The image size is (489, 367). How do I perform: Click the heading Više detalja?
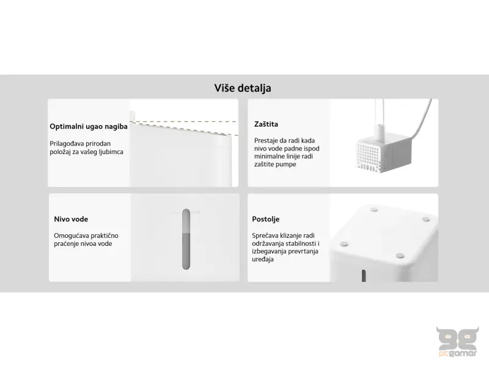[243, 88]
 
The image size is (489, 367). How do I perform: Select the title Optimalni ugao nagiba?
[89, 127]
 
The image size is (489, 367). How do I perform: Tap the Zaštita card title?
[266, 124]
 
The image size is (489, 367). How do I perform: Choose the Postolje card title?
[267, 219]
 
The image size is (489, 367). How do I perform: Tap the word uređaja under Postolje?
[263, 259]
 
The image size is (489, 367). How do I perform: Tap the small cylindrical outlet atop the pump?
[380, 129]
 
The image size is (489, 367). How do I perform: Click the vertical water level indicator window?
[186, 239]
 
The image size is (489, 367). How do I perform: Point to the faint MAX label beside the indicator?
[196, 212]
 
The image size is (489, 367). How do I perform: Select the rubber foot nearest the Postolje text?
[344, 243]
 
